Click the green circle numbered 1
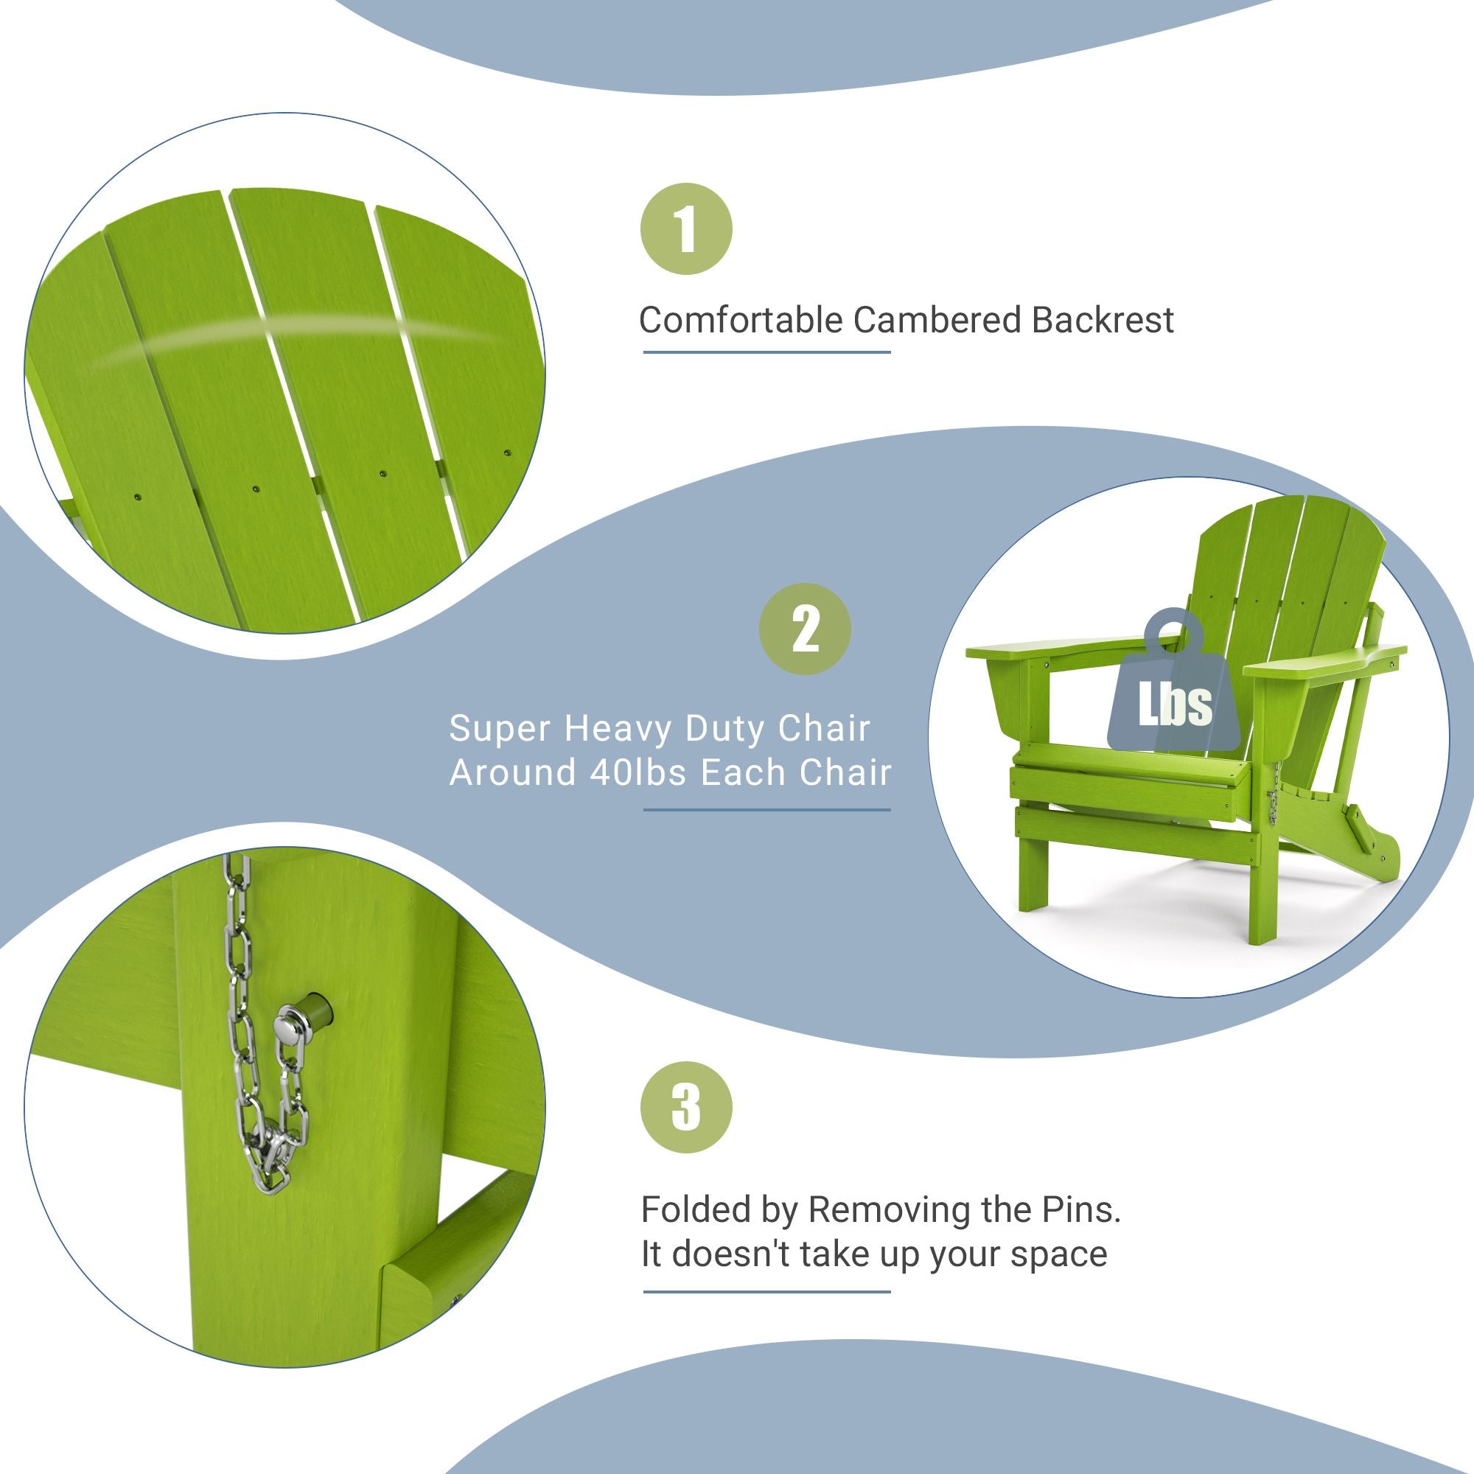(x=686, y=229)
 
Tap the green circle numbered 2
(x=805, y=629)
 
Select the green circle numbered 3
(x=686, y=1107)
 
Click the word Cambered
(x=937, y=320)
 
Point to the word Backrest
(x=1103, y=320)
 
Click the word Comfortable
(x=740, y=321)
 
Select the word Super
(x=500, y=729)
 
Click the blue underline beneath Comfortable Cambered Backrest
(x=766, y=352)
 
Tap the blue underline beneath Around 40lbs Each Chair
(x=766, y=809)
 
